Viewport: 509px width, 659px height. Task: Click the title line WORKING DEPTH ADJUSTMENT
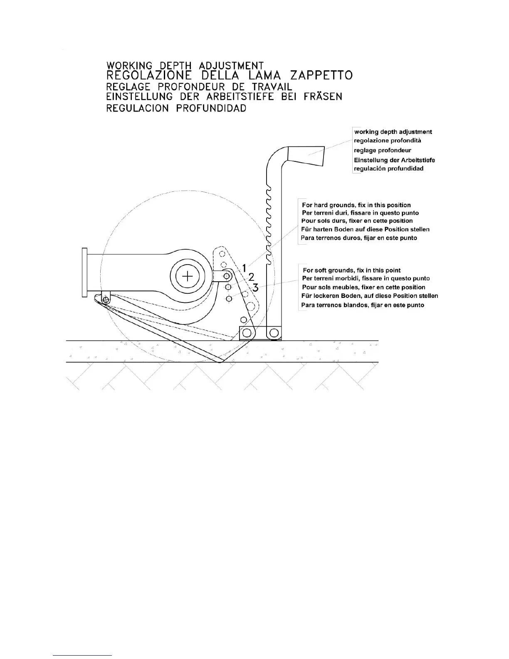(185, 66)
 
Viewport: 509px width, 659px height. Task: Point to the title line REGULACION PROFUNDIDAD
(176, 108)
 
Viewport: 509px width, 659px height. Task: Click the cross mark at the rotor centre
(188, 276)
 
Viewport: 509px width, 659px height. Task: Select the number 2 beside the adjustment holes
(251, 277)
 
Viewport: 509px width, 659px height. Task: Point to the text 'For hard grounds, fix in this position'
(356, 205)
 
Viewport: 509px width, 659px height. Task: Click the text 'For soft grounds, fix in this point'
(352, 270)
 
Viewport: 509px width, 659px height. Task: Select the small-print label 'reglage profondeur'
(383, 150)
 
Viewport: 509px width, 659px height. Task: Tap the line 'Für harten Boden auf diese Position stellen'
(365, 229)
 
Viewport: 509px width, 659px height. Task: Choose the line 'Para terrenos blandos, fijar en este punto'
(363, 305)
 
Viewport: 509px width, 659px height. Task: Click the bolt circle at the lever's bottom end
(274, 332)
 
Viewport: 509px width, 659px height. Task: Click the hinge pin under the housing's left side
(106, 299)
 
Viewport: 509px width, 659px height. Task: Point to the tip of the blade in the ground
(219, 362)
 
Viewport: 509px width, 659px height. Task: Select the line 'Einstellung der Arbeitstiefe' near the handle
(394, 160)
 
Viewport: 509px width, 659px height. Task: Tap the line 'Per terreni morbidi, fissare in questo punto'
(366, 278)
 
